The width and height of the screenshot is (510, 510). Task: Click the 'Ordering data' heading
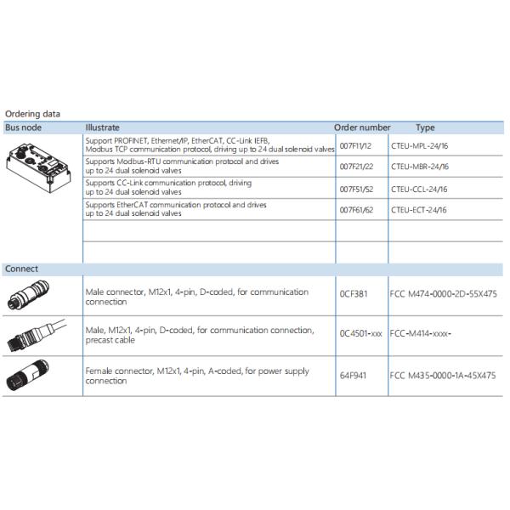(x=32, y=114)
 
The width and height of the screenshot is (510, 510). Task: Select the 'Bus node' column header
(x=23, y=127)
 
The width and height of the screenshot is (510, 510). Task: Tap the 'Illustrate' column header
(x=102, y=127)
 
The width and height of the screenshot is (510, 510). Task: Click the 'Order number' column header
(x=362, y=127)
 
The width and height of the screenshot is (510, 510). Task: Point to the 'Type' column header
(x=425, y=127)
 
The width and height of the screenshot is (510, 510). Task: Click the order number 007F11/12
(x=355, y=146)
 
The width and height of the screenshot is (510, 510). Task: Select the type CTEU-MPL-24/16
(x=420, y=146)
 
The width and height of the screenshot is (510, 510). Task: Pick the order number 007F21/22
(x=356, y=167)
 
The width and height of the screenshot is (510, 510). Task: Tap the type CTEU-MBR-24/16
(x=420, y=167)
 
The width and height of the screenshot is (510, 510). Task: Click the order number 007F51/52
(x=356, y=190)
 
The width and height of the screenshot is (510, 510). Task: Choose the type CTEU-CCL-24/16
(x=419, y=190)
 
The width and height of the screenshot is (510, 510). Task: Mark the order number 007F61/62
(x=356, y=210)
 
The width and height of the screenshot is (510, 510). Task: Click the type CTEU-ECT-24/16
(x=419, y=210)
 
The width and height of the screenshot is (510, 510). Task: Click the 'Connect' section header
(x=21, y=269)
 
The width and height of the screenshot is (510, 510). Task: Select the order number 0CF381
(x=353, y=294)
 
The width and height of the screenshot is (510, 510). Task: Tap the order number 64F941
(x=353, y=375)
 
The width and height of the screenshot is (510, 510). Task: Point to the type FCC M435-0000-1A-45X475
(x=443, y=375)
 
